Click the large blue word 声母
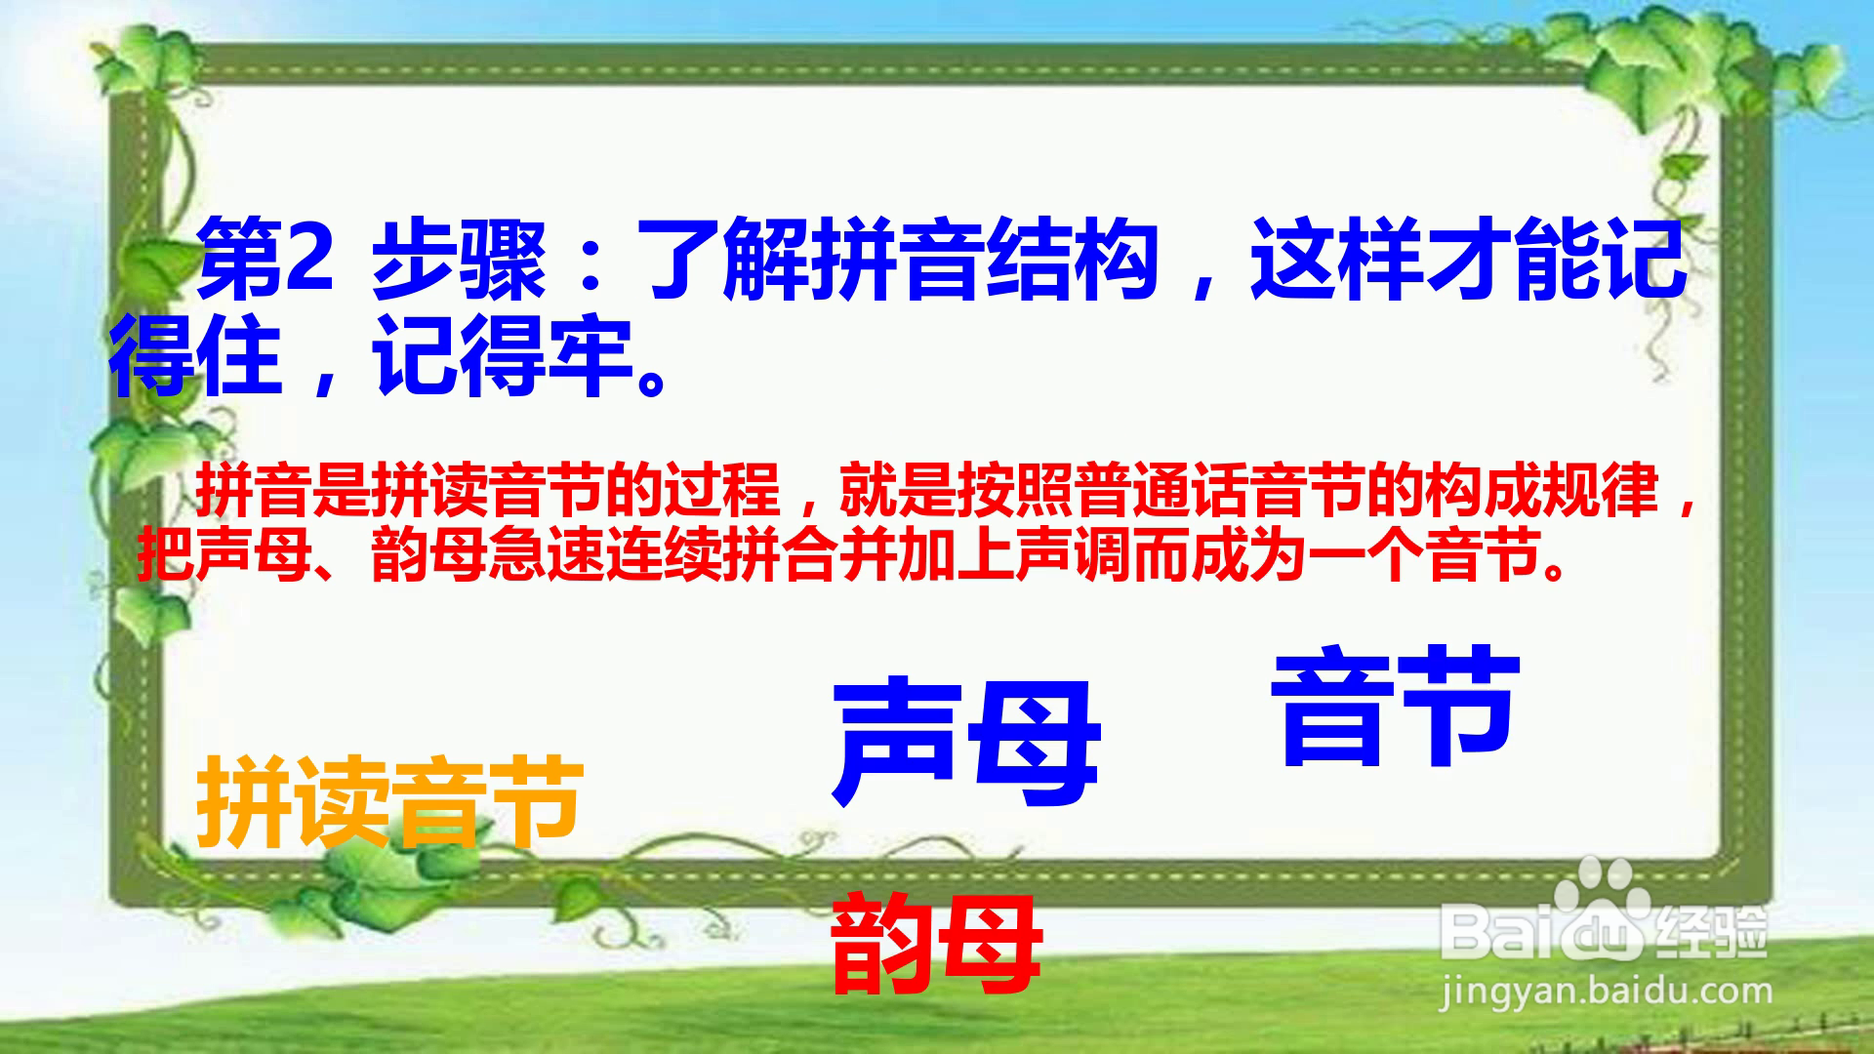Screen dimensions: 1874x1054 [x=965, y=744]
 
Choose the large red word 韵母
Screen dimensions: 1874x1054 [x=936, y=943]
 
